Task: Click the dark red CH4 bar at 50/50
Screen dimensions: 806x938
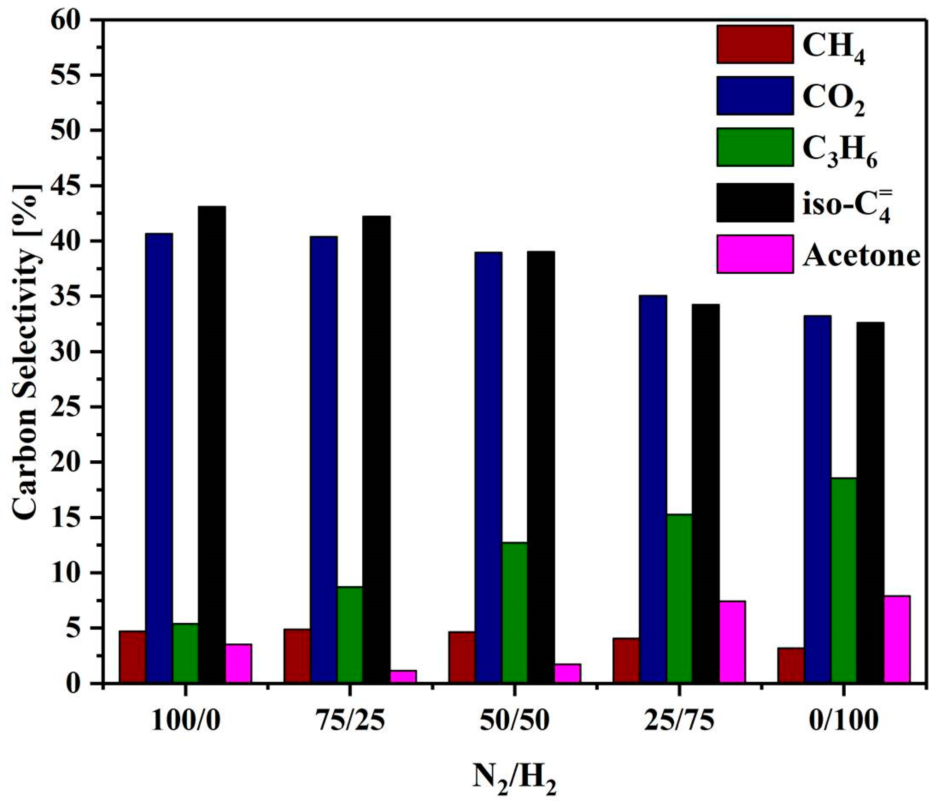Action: pyautogui.click(x=462, y=657)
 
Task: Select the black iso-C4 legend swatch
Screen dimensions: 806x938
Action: pyautogui.click(x=755, y=202)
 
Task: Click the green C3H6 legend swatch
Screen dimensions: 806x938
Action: pyautogui.click(x=755, y=147)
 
